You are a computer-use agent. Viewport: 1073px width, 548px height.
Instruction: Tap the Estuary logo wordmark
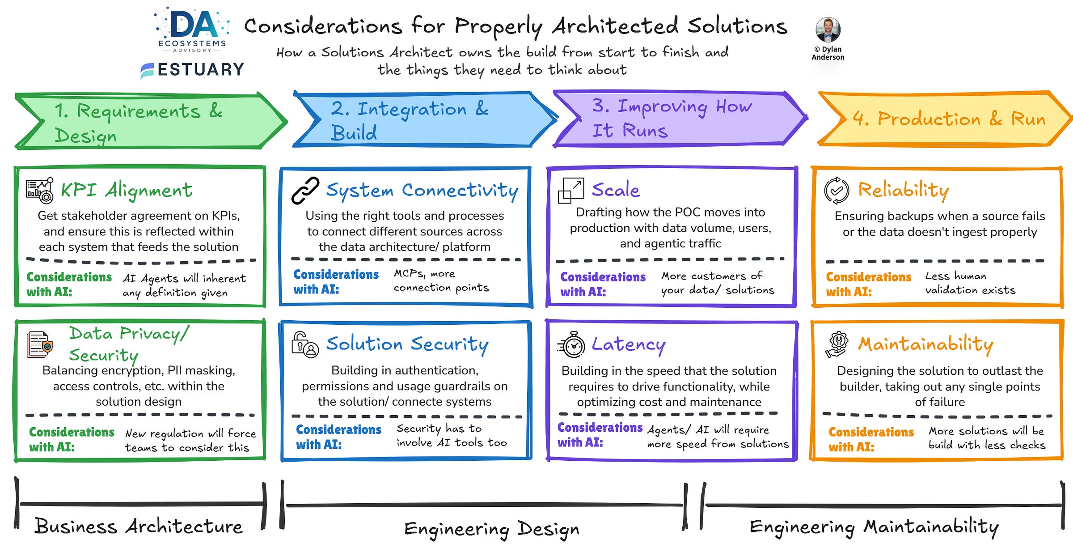(192, 70)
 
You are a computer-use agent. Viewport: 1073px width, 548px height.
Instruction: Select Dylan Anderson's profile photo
(828, 30)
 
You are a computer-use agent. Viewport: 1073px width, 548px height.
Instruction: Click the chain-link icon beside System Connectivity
(305, 191)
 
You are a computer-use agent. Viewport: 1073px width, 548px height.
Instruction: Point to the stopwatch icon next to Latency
(571, 344)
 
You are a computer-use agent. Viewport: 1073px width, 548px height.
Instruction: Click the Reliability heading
(904, 191)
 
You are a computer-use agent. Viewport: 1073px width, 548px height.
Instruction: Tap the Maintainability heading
(925, 344)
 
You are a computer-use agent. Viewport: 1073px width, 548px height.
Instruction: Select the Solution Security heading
(407, 344)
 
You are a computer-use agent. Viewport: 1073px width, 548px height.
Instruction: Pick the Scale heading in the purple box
(616, 190)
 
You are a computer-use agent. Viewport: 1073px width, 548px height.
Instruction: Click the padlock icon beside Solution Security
(305, 344)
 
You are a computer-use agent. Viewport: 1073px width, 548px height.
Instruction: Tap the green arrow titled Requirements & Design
(151, 121)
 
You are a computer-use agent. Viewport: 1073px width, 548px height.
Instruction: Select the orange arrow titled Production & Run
(945, 119)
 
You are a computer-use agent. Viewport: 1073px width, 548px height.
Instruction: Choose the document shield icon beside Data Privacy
(39, 344)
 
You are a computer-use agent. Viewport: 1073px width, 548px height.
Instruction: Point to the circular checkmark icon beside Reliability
(836, 191)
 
